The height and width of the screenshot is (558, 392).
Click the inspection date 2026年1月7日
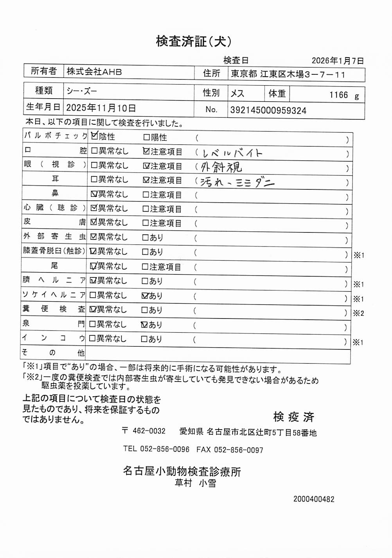tap(338, 61)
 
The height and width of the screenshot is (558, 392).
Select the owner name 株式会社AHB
tap(94, 72)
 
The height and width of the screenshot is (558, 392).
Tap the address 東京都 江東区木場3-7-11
tap(288, 74)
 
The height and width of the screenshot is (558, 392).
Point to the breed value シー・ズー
tap(82, 92)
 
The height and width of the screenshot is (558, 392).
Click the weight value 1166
tap(338, 95)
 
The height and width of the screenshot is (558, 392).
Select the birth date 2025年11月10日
tap(101, 108)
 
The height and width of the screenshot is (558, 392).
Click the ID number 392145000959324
tap(268, 110)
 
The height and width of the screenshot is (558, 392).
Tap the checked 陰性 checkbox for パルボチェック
tap(94, 136)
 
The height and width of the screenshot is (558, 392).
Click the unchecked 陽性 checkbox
tap(146, 137)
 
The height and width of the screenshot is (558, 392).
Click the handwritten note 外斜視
tap(221, 167)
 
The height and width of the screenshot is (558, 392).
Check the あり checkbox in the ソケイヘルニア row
tap(145, 296)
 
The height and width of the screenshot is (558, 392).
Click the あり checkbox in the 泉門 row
tap(144, 324)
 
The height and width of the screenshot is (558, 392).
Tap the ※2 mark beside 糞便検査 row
tap(358, 313)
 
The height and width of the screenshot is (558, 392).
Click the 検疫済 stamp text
tap(294, 417)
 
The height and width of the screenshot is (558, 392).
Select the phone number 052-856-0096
tap(164, 449)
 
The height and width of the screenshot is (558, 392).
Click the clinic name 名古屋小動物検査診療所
tap(182, 471)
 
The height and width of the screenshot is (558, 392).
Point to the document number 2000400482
tap(314, 499)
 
